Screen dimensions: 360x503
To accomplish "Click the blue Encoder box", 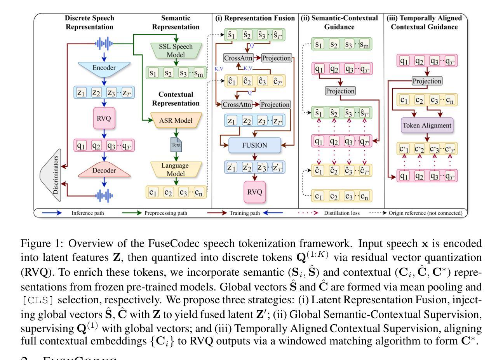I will (x=104, y=68).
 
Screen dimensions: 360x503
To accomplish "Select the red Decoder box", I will (x=104, y=170).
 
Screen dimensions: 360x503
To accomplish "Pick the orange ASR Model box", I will (x=176, y=121).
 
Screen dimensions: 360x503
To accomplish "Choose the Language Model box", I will (x=176, y=170).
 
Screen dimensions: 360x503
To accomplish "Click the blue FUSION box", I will (x=254, y=146).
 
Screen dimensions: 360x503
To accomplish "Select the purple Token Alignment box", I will (x=427, y=125).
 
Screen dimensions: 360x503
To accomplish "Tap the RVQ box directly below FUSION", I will (x=255, y=192).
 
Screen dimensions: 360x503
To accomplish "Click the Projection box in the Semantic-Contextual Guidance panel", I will (x=340, y=91).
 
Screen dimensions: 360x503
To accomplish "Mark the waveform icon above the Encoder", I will (x=104, y=43).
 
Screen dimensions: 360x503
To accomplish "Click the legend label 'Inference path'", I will (x=87, y=213).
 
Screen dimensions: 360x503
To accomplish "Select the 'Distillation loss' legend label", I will (x=342, y=213).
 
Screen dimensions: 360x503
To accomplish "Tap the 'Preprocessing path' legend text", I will (x=166, y=213).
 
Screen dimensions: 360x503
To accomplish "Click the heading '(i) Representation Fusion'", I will (x=255, y=18).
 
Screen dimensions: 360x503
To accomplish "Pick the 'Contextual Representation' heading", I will (x=176, y=99).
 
